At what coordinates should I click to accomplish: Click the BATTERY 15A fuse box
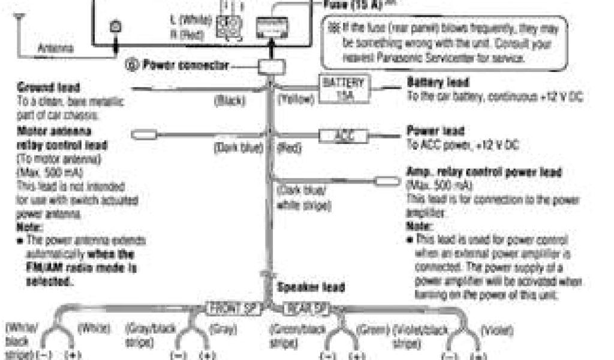click(343, 89)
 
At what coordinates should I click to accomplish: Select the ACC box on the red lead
click(343, 136)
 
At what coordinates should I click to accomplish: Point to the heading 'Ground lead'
click(41, 88)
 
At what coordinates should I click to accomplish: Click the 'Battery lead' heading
click(438, 82)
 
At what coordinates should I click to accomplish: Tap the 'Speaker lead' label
click(311, 287)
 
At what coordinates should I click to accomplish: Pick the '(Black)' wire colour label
click(228, 101)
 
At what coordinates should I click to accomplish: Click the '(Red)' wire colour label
click(290, 148)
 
